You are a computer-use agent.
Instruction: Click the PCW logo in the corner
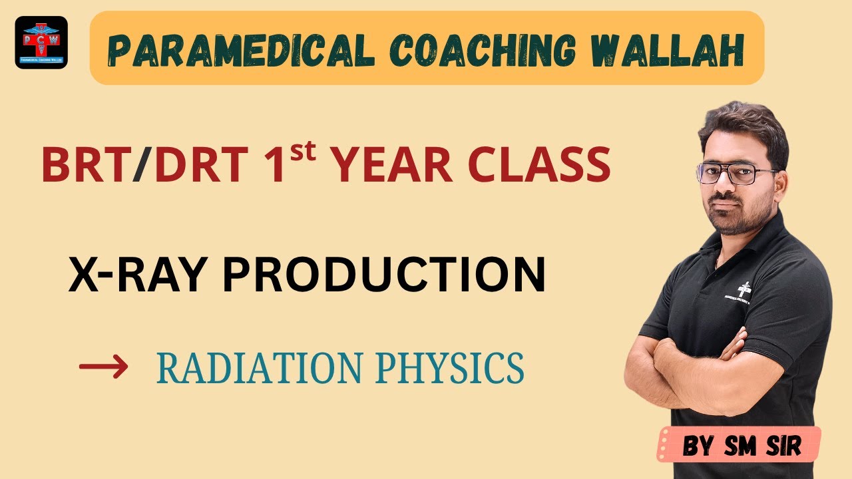[x=41, y=43]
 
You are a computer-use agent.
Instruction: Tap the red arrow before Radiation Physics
[x=103, y=367]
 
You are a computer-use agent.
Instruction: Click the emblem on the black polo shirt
[x=746, y=287]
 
